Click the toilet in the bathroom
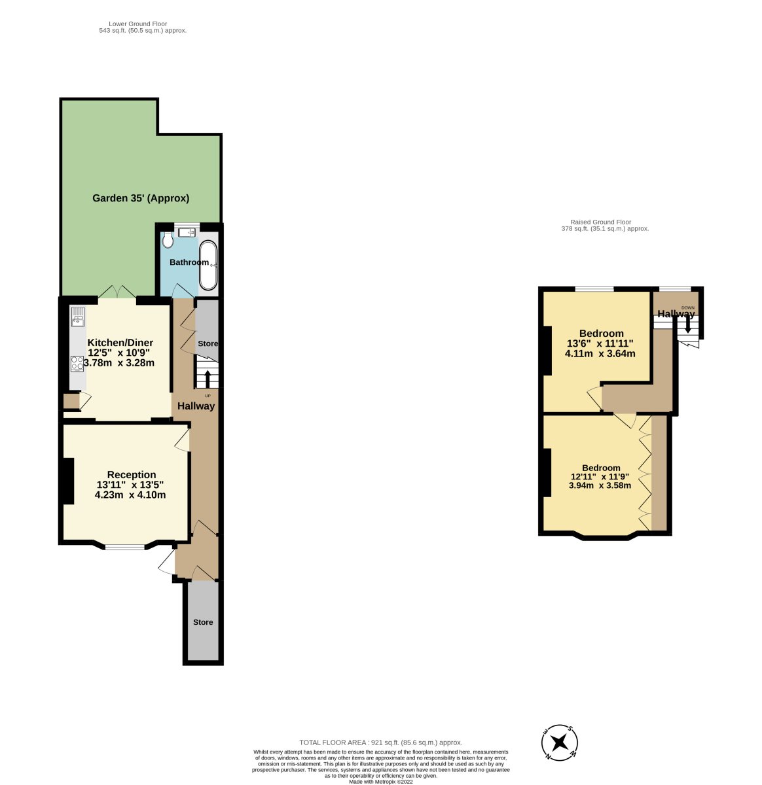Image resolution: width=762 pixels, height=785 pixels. (167, 240)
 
